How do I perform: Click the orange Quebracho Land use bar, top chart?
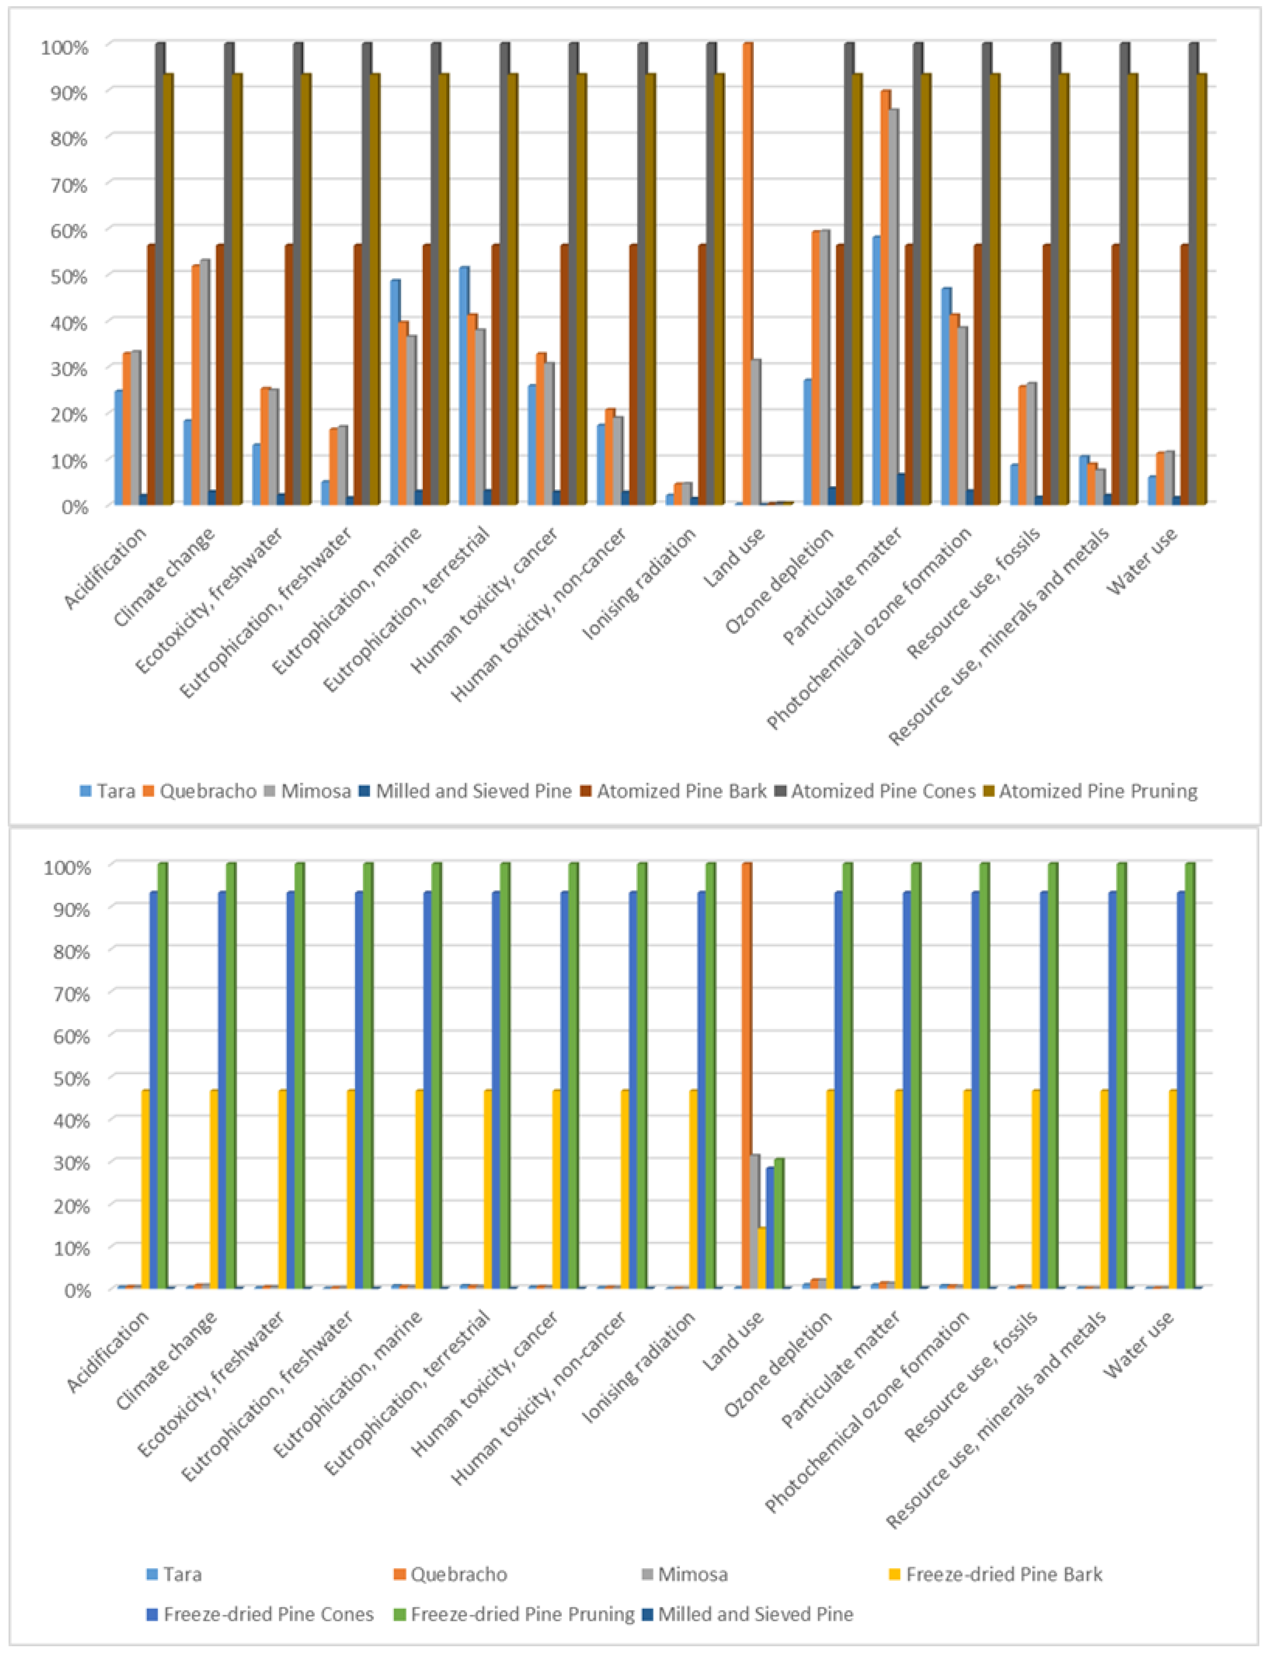pyautogui.click(x=748, y=272)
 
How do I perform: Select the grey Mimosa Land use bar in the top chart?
pyautogui.click(x=755, y=431)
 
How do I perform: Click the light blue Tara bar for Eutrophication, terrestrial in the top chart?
pyautogui.click(x=464, y=386)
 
